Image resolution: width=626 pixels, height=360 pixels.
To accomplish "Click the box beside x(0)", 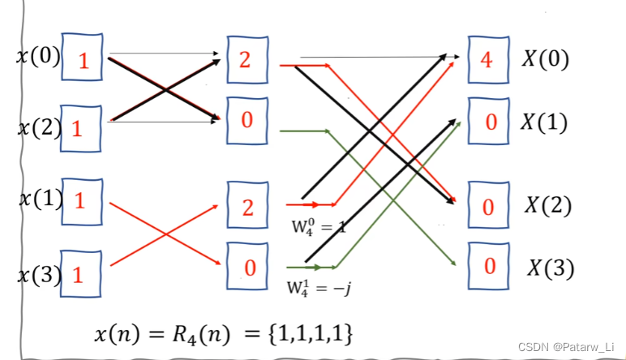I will click(x=83, y=58).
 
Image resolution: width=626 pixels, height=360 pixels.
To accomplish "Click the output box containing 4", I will click(x=487, y=60).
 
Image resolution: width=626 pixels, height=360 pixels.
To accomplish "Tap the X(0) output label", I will click(x=544, y=58).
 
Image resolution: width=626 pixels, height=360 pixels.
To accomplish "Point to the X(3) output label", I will click(x=551, y=266).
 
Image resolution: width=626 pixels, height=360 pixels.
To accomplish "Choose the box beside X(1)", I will click(x=489, y=122).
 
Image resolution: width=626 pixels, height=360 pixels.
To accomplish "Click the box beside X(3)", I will click(x=489, y=265).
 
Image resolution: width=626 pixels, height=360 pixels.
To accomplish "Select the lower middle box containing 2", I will click(x=247, y=205).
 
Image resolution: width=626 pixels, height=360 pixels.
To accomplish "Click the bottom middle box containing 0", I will click(x=247, y=265).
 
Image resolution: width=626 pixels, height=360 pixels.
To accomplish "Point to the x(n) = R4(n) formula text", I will click(x=223, y=332).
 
